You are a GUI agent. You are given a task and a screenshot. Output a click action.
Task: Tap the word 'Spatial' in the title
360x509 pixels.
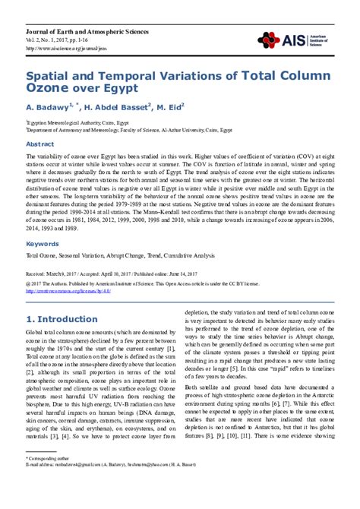pyautogui.click(x=48, y=77)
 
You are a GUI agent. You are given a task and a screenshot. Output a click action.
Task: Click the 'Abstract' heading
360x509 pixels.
pyautogui.click(x=40, y=143)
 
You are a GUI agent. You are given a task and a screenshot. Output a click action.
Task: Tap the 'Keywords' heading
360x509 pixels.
pyautogui.click(x=43, y=223)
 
